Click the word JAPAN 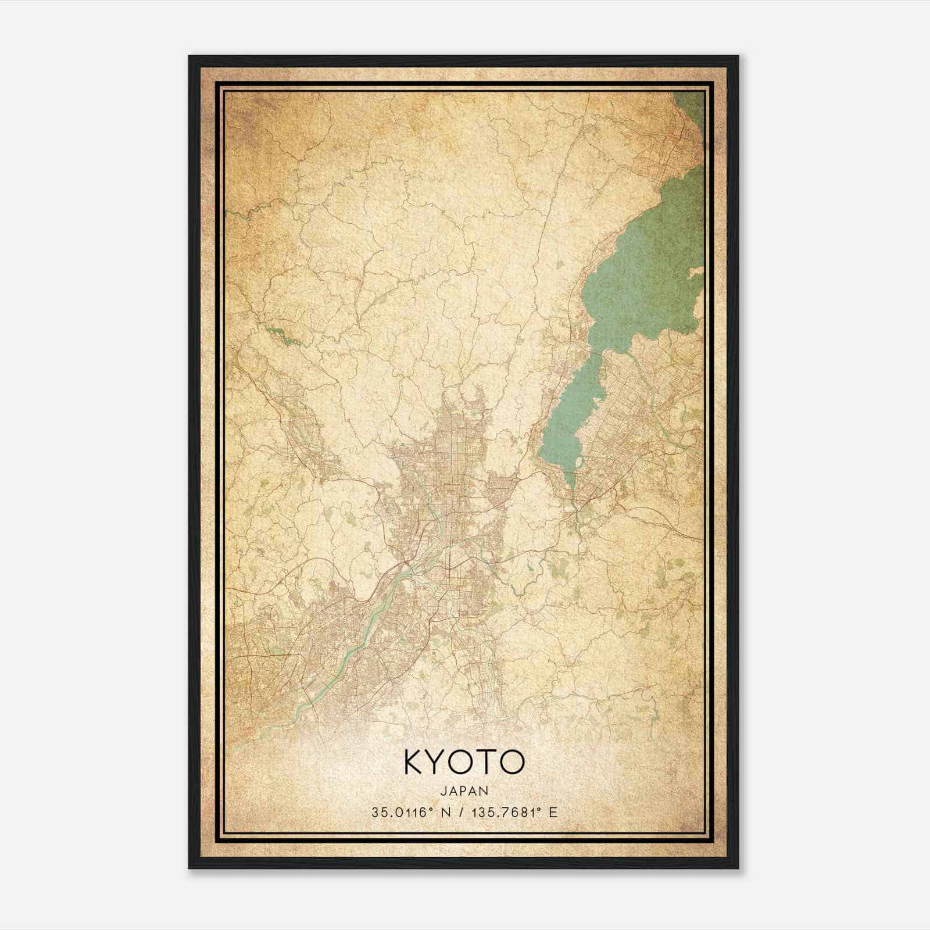464,791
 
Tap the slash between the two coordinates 462,812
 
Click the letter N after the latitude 448,812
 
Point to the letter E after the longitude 553,812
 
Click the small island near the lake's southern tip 579,463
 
